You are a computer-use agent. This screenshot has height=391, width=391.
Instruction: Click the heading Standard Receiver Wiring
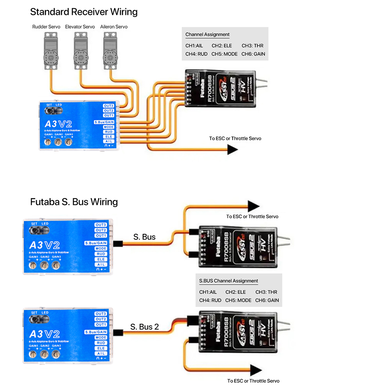click(x=84, y=12)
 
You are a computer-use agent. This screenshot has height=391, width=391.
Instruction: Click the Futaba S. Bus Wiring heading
click(x=74, y=202)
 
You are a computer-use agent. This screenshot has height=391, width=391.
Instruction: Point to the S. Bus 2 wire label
click(x=145, y=326)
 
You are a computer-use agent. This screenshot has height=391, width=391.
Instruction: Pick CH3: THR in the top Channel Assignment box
click(x=253, y=46)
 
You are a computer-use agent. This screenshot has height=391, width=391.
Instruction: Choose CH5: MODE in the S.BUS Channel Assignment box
click(x=239, y=300)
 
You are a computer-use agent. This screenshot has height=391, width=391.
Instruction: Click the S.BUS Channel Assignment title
click(x=228, y=281)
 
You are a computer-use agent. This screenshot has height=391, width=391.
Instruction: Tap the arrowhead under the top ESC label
click(x=233, y=149)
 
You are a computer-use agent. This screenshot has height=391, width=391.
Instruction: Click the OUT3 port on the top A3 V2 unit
click(x=108, y=106)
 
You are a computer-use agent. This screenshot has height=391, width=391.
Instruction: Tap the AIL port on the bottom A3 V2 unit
click(x=101, y=353)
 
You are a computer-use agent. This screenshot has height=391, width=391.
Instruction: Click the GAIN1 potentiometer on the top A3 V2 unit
click(x=48, y=143)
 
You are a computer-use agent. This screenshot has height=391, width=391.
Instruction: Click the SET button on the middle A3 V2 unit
click(x=34, y=231)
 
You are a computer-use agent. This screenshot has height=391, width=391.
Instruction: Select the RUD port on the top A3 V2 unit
click(x=108, y=132)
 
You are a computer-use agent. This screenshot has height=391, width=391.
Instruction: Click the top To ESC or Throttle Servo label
click(x=235, y=138)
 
